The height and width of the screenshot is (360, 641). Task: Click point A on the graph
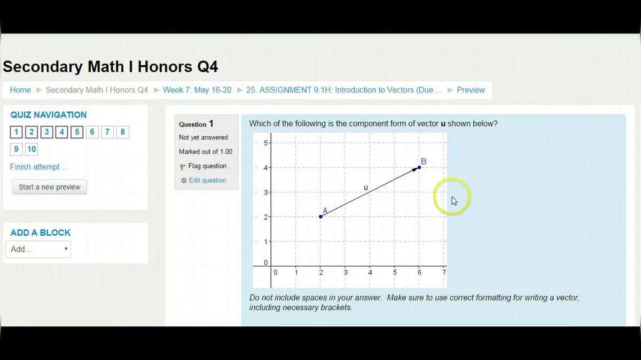(x=320, y=216)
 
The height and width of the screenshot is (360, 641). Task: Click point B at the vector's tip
(x=419, y=167)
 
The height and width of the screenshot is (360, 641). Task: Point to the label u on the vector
(x=366, y=187)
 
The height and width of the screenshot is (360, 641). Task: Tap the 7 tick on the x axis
(x=444, y=272)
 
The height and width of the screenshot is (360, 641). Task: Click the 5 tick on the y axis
(x=265, y=143)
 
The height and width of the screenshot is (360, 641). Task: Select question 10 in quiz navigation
(x=32, y=149)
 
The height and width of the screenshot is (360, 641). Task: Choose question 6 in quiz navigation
(x=92, y=132)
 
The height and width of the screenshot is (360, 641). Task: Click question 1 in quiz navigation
(x=16, y=132)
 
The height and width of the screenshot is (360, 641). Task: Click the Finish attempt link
(x=38, y=167)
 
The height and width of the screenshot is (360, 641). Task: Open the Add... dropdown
(x=38, y=249)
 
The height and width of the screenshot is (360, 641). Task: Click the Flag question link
(x=207, y=166)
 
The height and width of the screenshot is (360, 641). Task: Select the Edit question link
(x=207, y=181)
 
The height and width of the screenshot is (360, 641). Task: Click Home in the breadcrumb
(x=20, y=90)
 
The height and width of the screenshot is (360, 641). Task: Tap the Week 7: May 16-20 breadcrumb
(x=197, y=90)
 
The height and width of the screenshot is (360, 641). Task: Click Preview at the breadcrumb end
(x=470, y=90)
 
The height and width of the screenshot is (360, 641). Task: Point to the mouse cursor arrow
(x=454, y=200)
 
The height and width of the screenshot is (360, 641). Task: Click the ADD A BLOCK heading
(x=41, y=233)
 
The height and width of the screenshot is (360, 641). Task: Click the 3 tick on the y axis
(x=265, y=192)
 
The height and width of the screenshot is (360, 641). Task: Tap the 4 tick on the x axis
(x=370, y=272)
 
